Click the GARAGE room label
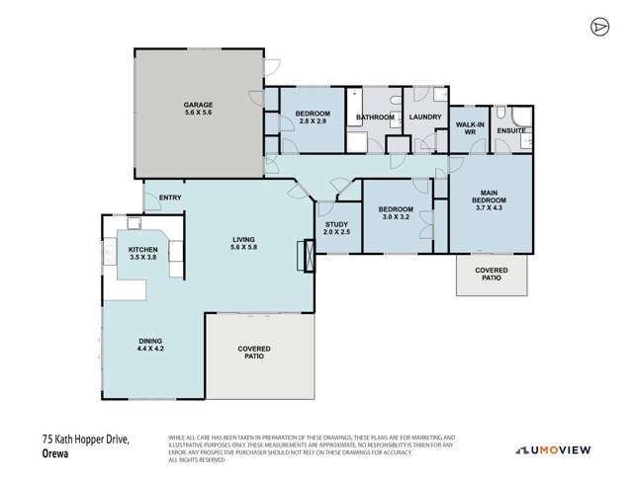[x=198, y=109]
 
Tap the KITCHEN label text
[x=142, y=253]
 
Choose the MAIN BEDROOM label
[x=490, y=200]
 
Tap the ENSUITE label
[x=510, y=130]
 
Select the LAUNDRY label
[x=424, y=118]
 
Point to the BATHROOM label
[x=375, y=118]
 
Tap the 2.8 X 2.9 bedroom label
[x=313, y=120]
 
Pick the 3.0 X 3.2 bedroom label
[x=397, y=213]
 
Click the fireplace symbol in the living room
[x=311, y=256]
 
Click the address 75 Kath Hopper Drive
[x=87, y=440]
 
